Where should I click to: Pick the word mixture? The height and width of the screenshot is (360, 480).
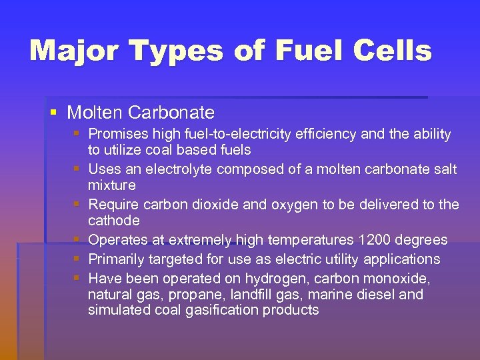tap(112, 185)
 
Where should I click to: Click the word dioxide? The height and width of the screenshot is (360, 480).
tap(215, 205)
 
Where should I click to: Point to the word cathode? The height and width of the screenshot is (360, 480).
tap(114, 221)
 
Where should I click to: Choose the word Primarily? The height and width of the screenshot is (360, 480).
tap(118, 259)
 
